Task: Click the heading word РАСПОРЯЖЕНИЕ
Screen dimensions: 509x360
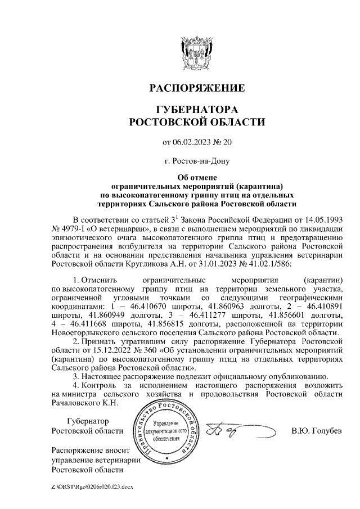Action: [x=197, y=88]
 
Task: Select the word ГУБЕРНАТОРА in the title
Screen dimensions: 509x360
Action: [x=196, y=109]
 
